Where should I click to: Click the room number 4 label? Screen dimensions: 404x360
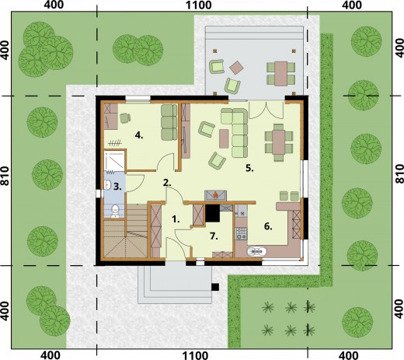(x=139, y=135)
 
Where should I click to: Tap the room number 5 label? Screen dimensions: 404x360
(x=249, y=169)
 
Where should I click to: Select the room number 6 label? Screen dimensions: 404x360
(x=268, y=226)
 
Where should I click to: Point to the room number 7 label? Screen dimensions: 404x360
(x=214, y=236)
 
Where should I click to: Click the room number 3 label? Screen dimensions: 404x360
(x=117, y=187)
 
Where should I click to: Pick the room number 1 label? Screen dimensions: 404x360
(x=176, y=219)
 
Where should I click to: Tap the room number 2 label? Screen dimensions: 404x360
(x=167, y=183)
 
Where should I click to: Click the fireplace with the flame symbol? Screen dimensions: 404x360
(x=215, y=195)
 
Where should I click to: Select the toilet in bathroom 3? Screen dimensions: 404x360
(x=114, y=211)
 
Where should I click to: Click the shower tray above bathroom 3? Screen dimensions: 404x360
(x=114, y=161)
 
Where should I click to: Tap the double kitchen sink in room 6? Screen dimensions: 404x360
(x=256, y=251)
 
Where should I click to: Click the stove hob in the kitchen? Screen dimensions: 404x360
(x=241, y=233)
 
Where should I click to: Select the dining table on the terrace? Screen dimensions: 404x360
(x=280, y=74)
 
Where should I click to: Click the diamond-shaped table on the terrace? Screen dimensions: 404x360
(x=236, y=68)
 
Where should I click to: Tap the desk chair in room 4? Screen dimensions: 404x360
(x=125, y=117)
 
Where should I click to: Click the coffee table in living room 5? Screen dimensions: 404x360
(x=224, y=138)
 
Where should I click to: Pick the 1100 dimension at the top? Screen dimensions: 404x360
(x=199, y=5)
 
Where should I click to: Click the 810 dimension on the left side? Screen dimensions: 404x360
(x=5, y=176)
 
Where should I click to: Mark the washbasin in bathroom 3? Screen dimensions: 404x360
(x=108, y=184)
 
